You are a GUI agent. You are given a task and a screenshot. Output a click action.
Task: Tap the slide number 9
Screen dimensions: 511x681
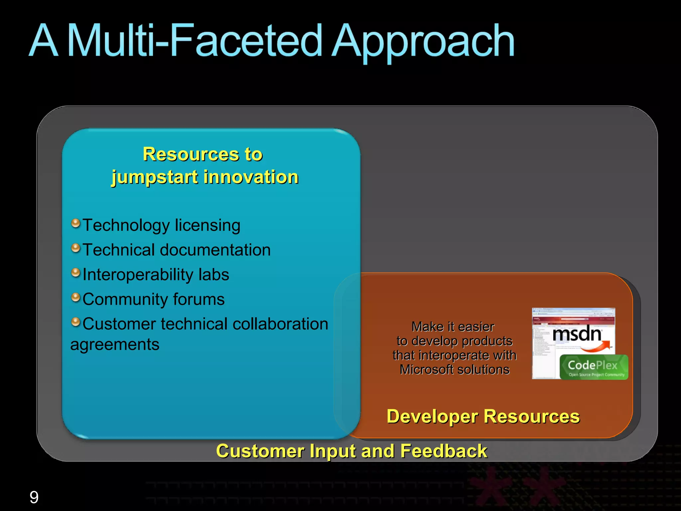coord(34,497)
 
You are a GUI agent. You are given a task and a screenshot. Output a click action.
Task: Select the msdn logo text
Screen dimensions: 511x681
coord(577,334)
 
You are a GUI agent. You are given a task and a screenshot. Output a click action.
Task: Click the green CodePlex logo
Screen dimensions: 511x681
coord(594,367)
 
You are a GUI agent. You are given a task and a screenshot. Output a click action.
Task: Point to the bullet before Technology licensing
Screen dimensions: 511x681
coord(76,223)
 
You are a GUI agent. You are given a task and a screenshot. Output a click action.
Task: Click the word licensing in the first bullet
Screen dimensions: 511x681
coord(207,225)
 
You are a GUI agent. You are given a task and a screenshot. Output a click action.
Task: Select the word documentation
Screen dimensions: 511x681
coord(215,250)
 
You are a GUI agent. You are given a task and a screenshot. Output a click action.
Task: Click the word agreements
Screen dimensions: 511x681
coord(115,344)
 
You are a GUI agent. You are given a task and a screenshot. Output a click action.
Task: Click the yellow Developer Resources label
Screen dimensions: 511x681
coord(483,417)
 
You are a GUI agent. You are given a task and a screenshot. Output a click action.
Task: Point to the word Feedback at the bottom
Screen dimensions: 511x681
coord(444,451)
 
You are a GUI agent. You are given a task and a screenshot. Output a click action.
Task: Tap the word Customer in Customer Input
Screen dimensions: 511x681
coord(260,451)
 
